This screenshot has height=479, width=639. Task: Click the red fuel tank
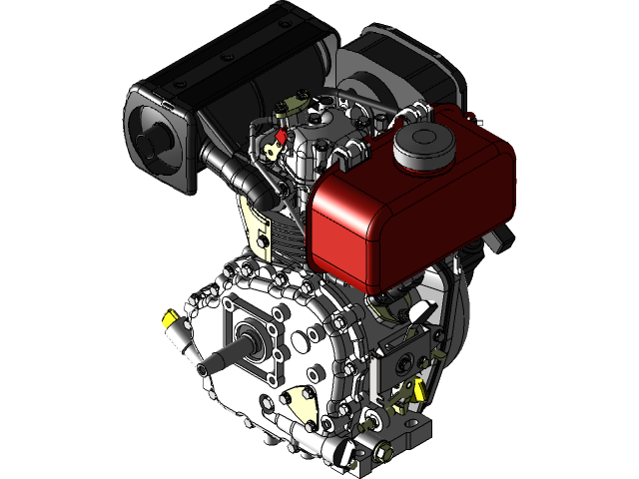click(x=399, y=210)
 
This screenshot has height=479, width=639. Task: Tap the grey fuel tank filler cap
click(x=424, y=147)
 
